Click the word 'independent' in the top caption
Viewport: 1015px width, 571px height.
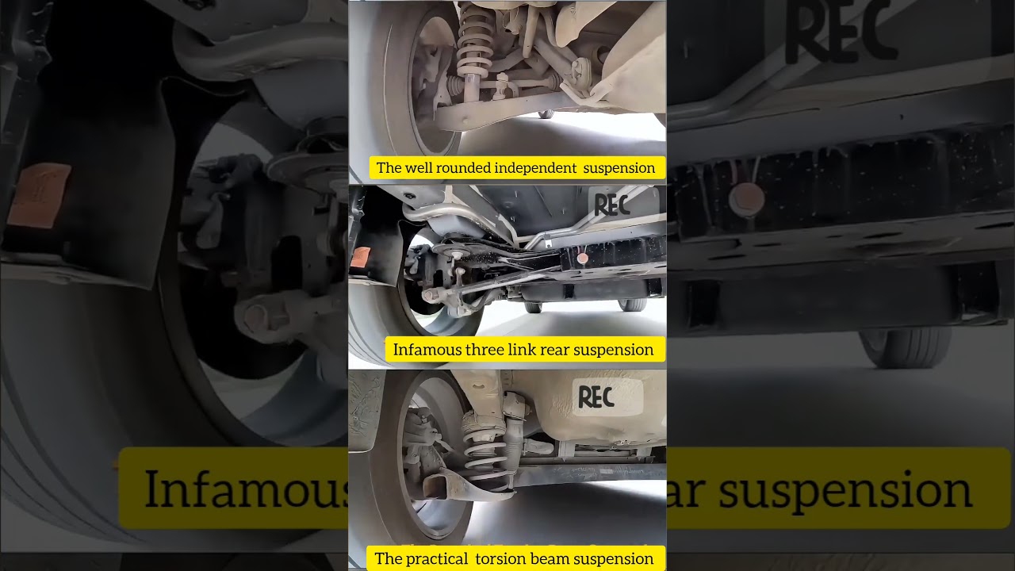tap(537, 168)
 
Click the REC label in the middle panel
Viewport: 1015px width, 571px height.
tap(612, 205)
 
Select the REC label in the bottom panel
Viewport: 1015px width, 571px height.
tap(596, 397)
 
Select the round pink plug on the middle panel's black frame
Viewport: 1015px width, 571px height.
tap(583, 258)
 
